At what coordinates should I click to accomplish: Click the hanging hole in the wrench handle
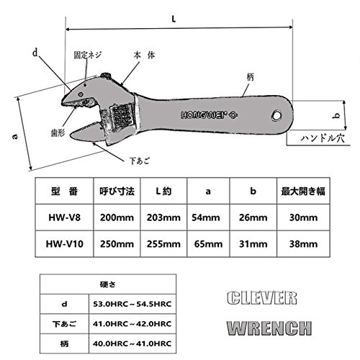click(276, 115)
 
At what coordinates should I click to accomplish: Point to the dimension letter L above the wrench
click(174, 19)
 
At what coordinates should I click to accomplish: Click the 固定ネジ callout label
click(88, 55)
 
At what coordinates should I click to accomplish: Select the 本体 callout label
click(144, 55)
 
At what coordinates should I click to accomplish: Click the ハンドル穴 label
click(323, 138)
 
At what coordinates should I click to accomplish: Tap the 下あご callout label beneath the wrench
click(139, 161)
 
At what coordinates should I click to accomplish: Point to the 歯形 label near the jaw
click(58, 132)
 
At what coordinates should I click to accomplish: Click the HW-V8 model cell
click(65, 217)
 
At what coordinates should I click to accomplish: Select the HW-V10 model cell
click(65, 244)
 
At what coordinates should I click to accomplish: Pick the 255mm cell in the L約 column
click(163, 244)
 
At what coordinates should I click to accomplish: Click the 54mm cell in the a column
click(206, 217)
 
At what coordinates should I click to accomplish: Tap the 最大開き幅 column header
click(303, 192)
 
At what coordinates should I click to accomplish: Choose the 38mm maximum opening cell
click(303, 244)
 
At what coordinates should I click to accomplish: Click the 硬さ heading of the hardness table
click(108, 284)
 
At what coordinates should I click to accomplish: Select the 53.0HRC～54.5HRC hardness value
click(132, 304)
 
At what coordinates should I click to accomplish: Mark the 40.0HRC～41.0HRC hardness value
click(132, 343)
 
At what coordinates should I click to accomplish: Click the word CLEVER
click(262, 298)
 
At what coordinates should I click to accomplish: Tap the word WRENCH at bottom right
click(269, 328)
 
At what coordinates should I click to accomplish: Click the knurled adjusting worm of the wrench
click(122, 114)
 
